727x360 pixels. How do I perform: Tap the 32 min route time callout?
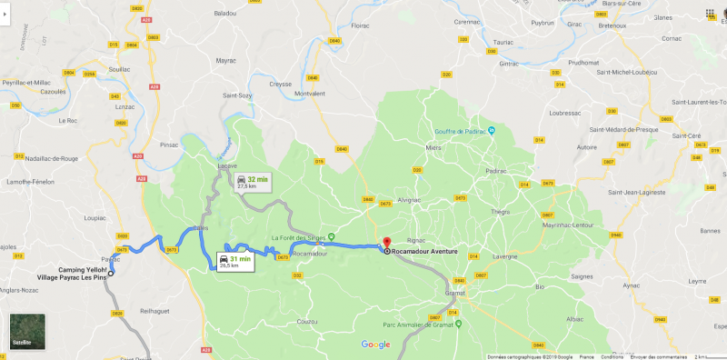point(252,182)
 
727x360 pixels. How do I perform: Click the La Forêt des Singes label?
point(298,238)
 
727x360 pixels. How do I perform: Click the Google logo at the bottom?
point(375,344)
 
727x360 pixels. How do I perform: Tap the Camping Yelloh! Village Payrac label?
point(73,274)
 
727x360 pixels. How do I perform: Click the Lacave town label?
point(227,166)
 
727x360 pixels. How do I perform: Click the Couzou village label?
point(307,321)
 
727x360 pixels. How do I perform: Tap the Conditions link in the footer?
point(612,356)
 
